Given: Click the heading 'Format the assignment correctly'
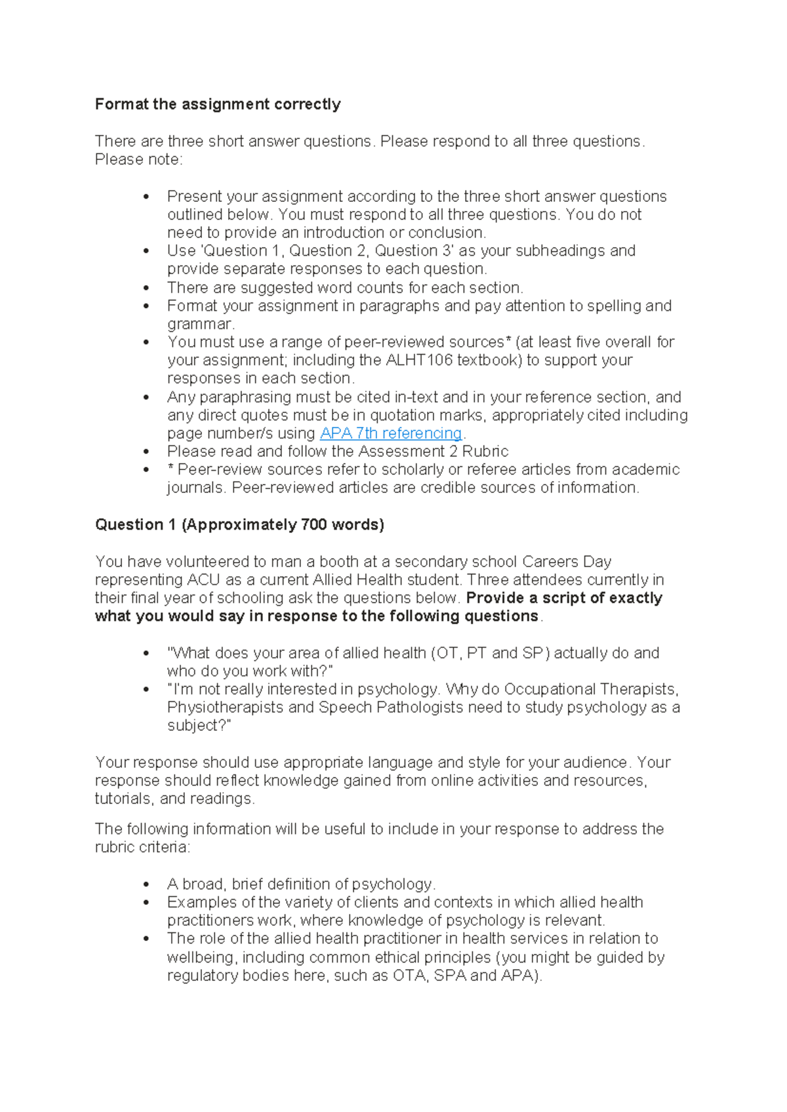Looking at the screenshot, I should point(218,104).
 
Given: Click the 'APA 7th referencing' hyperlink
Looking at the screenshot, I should point(391,433).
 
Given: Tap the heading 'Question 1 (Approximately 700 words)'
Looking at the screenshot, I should point(239,525).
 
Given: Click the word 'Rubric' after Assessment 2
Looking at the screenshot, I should point(485,451).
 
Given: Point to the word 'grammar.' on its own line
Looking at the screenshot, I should point(200,324).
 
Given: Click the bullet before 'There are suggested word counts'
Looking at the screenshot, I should point(146,288).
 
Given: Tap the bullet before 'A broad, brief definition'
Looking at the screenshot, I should point(146,884).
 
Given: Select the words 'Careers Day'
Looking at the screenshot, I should point(567,561).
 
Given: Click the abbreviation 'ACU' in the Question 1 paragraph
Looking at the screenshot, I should point(203,580).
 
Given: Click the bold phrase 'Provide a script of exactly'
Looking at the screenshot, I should point(564,598).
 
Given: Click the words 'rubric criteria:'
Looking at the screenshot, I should point(142,847).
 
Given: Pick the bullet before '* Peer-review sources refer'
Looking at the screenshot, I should point(146,469).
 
